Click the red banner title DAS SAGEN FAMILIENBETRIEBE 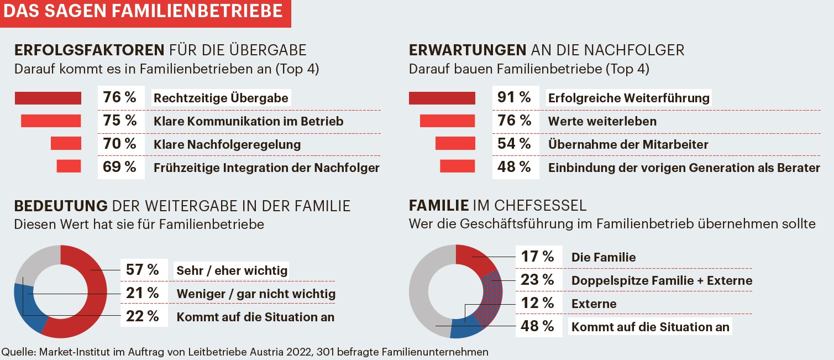(x=144, y=12)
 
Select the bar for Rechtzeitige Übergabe (x=48, y=98)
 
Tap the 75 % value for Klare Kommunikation (x=119, y=121)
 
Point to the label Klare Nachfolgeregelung (x=227, y=145)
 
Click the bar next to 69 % (x=69, y=166)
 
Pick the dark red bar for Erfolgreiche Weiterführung (x=442, y=98)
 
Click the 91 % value (x=514, y=98)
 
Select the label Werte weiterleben (x=602, y=121)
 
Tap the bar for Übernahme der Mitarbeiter (x=455, y=144)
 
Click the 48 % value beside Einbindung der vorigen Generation (x=514, y=166)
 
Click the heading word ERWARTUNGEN (x=468, y=50)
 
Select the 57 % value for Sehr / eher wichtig (x=142, y=270)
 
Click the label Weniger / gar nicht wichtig (x=256, y=294)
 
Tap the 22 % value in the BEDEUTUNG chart (x=142, y=316)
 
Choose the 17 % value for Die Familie (x=537, y=257)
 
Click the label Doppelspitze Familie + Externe (x=662, y=280)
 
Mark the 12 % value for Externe (x=537, y=303)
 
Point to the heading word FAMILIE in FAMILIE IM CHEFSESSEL (x=439, y=206)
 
